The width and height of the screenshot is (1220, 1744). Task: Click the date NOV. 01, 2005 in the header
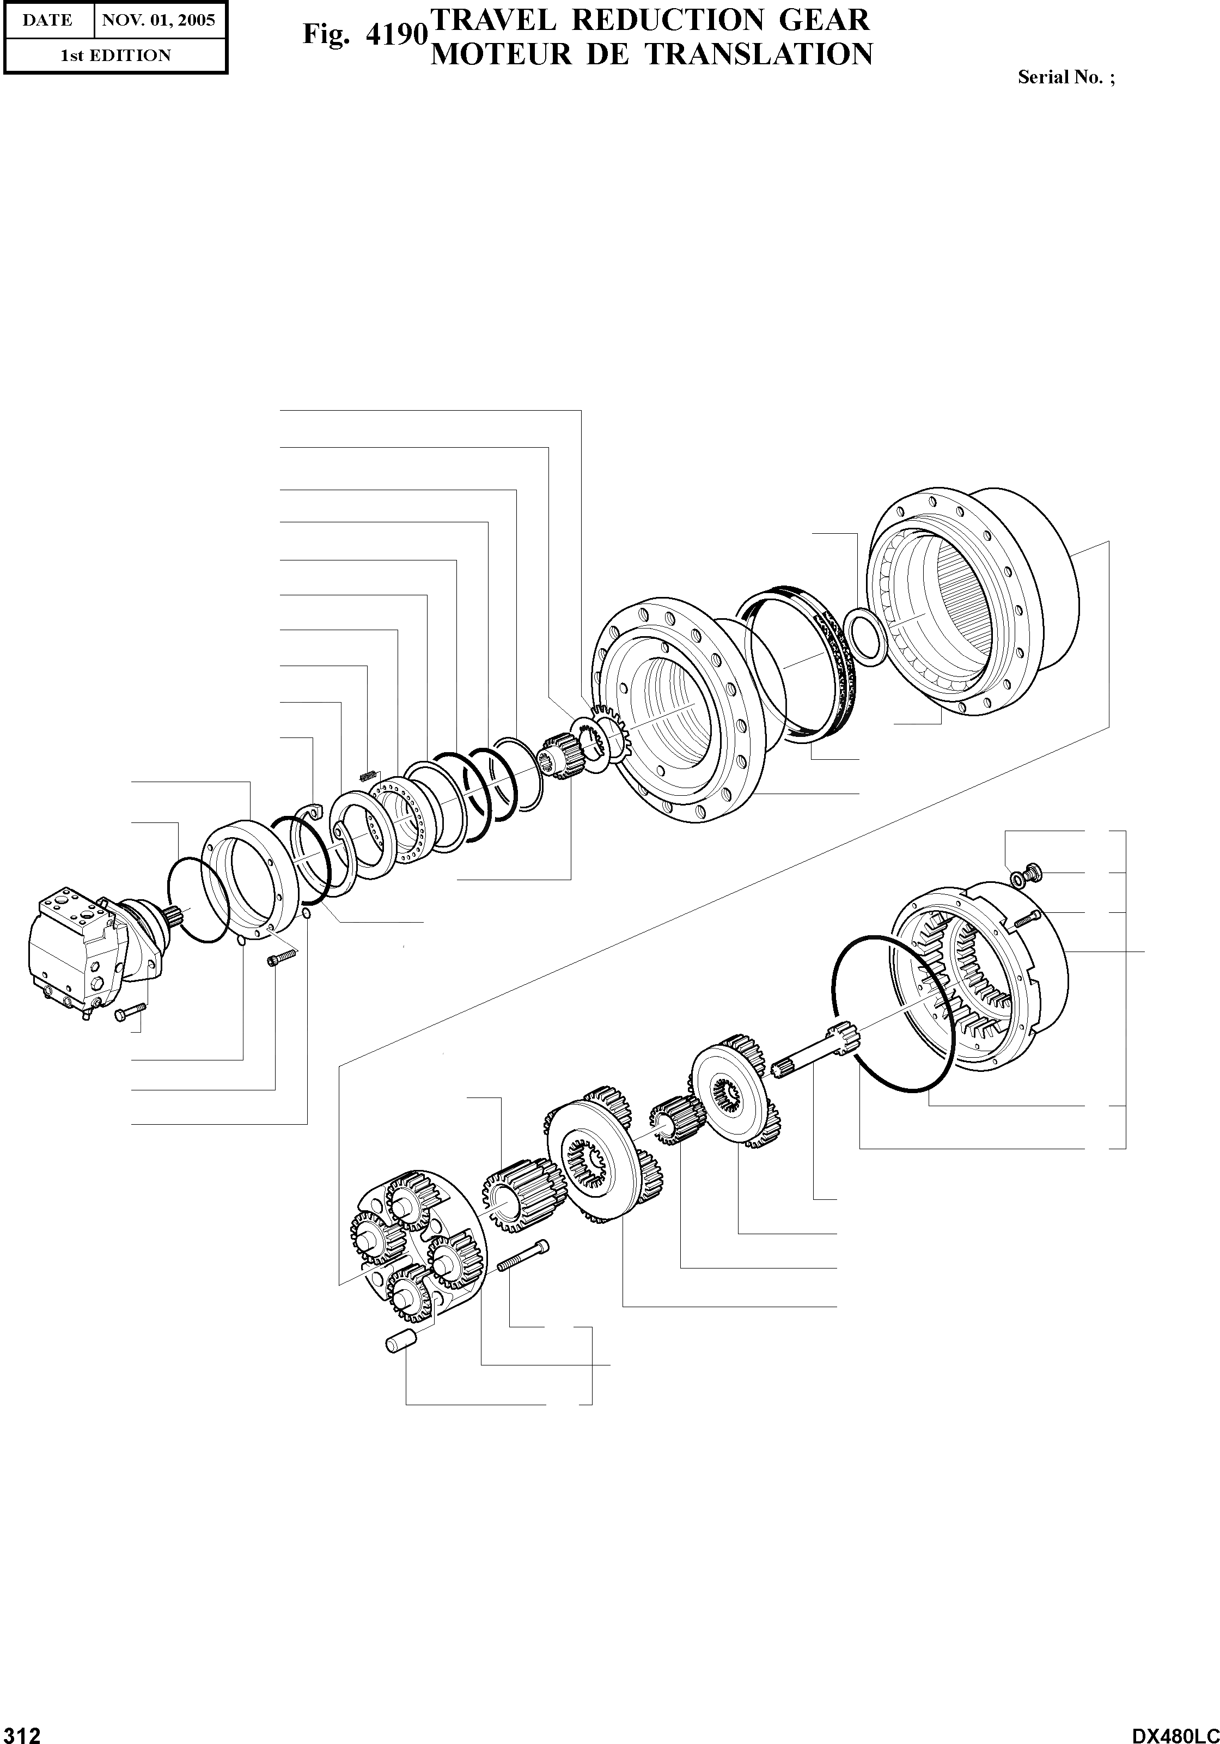(x=159, y=20)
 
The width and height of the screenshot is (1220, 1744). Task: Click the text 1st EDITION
(x=115, y=56)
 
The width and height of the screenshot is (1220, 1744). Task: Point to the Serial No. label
(x=1066, y=77)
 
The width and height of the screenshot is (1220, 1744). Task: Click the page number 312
(x=21, y=1730)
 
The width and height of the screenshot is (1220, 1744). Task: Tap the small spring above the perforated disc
(x=368, y=776)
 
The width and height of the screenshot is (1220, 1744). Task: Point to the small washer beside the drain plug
(x=1016, y=880)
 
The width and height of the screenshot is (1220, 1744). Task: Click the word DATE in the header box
(x=47, y=20)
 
